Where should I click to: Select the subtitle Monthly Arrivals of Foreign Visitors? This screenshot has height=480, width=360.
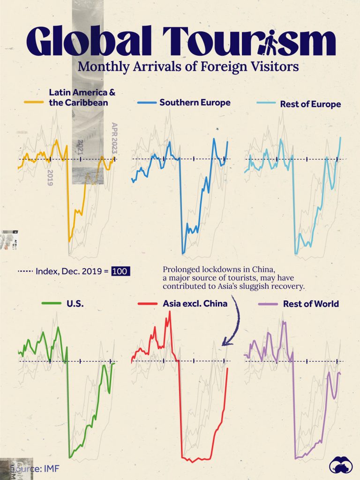click(188, 67)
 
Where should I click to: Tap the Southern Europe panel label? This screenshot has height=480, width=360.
click(195, 102)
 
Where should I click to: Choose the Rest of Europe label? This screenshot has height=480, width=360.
click(310, 104)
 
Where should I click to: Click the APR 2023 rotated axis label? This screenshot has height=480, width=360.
click(113, 138)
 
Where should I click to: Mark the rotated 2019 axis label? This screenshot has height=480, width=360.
click(50, 178)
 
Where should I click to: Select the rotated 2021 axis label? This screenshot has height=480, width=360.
click(80, 147)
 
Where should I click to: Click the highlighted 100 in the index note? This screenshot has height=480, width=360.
click(120, 271)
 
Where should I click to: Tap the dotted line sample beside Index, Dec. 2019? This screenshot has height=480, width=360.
click(25, 271)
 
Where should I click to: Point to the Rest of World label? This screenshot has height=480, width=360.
click(311, 304)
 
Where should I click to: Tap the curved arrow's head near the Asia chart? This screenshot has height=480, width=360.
click(225, 344)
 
